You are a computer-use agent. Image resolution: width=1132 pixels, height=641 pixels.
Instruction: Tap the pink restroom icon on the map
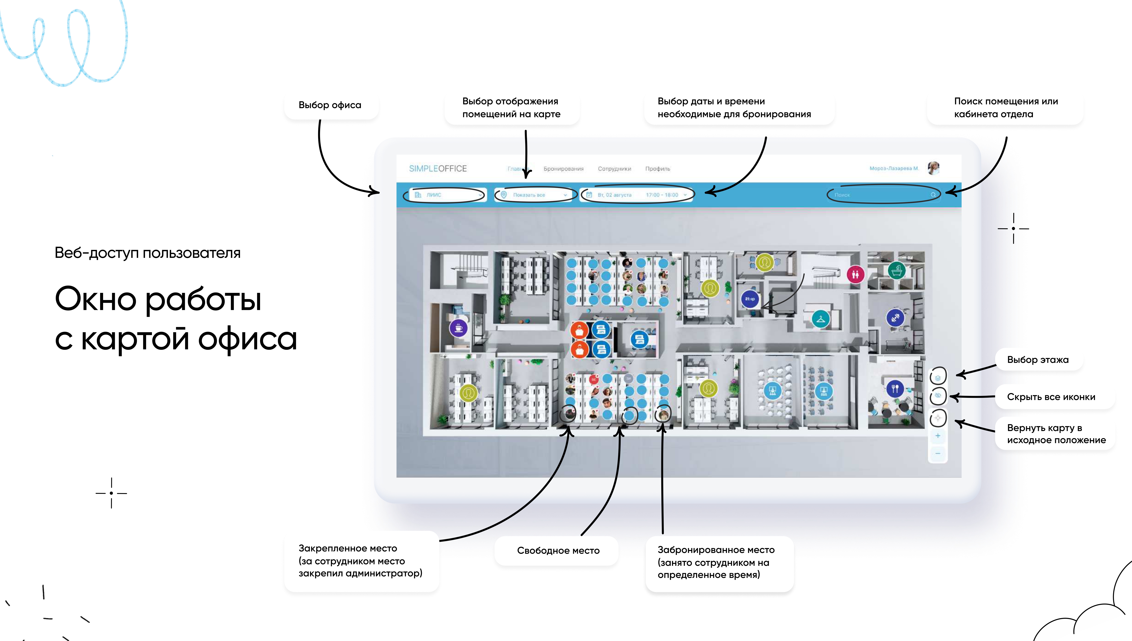[x=855, y=275]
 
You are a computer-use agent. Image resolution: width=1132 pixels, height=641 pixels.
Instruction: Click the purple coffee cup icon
[x=458, y=328]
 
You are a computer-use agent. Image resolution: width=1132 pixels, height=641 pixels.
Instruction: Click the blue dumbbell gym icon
[x=895, y=317]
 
